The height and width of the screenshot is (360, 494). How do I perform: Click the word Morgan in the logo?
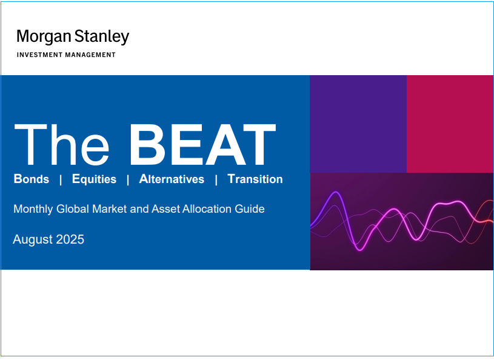click(44, 37)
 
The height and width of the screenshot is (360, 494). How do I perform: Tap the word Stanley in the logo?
click(102, 37)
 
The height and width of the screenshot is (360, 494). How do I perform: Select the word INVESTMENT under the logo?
click(39, 55)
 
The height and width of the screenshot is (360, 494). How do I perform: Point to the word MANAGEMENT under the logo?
click(90, 55)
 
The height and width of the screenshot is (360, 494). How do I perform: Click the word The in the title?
click(61, 144)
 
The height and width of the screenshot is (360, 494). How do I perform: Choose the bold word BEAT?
click(202, 144)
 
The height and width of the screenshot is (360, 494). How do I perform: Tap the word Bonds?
click(32, 179)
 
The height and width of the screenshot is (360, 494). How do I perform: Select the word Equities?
click(94, 179)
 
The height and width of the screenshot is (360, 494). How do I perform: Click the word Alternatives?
click(172, 179)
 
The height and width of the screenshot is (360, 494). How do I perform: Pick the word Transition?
click(255, 179)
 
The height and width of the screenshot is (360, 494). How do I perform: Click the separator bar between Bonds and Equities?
click(61, 180)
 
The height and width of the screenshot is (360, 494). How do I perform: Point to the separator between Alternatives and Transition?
click(216, 180)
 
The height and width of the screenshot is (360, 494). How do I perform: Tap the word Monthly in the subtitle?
click(33, 209)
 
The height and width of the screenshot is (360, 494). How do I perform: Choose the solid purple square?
click(358, 124)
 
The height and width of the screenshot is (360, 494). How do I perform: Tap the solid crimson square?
click(450, 124)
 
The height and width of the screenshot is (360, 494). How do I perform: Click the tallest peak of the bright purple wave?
click(336, 192)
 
